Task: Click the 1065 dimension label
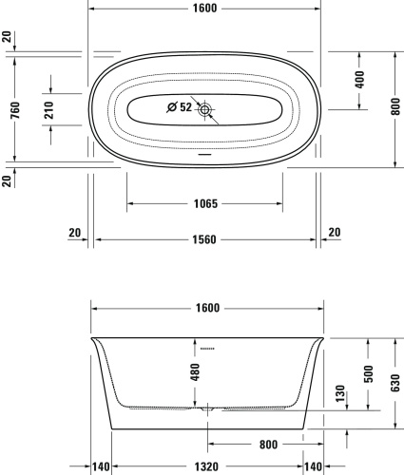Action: [205, 203]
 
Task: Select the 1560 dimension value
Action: [204, 239]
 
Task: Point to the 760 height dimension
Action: [15, 110]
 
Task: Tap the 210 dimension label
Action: [48, 110]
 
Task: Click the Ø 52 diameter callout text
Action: [180, 107]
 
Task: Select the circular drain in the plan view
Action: [204, 110]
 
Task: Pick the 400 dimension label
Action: [360, 80]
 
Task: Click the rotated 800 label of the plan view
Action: [395, 106]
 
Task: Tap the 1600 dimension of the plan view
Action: [205, 9]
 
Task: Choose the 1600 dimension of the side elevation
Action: [207, 308]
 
